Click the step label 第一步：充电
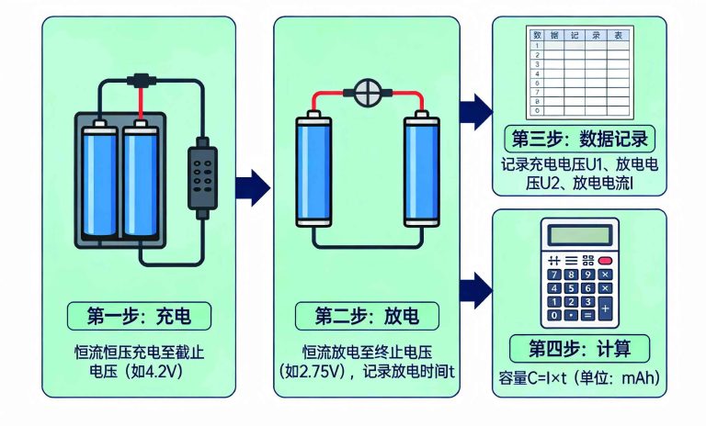pyautogui.click(x=139, y=316)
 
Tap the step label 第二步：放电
pyautogui.click(x=367, y=317)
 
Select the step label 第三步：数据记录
pyautogui.click(x=580, y=140)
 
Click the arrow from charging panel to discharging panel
pyautogui.click(x=253, y=187)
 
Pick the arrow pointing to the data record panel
pyautogui.click(x=475, y=110)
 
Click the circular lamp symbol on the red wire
pyautogui.click(x=367, y=93)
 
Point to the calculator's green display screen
pyautogui.click(x=579, y=235)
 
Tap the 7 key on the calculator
pyautogui.click(x=554, y=275)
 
